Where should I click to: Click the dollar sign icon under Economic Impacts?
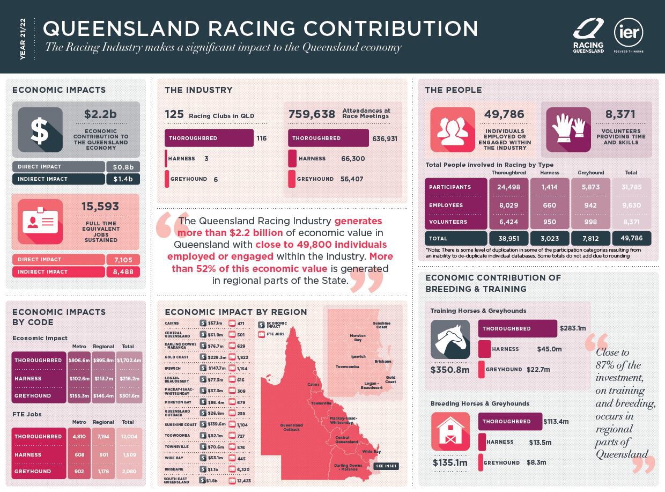(40, 129)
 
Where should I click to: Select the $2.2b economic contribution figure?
(100, 114)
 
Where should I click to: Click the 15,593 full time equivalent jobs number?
(100, 207)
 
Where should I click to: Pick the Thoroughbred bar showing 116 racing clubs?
(209, 138)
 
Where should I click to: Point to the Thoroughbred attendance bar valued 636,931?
(328, 138)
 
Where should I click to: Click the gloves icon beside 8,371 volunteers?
(568, 129)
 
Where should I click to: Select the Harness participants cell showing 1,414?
(550, 187)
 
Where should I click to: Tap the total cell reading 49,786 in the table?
(631, 238)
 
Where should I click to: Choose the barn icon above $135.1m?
(450, 431)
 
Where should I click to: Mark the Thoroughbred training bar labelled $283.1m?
(517, 328)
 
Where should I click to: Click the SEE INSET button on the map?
(386, 466)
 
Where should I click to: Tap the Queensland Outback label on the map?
(292, 427)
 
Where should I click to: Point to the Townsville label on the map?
(321, 403)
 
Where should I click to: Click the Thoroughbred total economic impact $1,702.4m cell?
(129, 361)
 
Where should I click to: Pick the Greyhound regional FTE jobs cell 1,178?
(104, 472)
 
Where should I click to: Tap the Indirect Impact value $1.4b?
(123, 179)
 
